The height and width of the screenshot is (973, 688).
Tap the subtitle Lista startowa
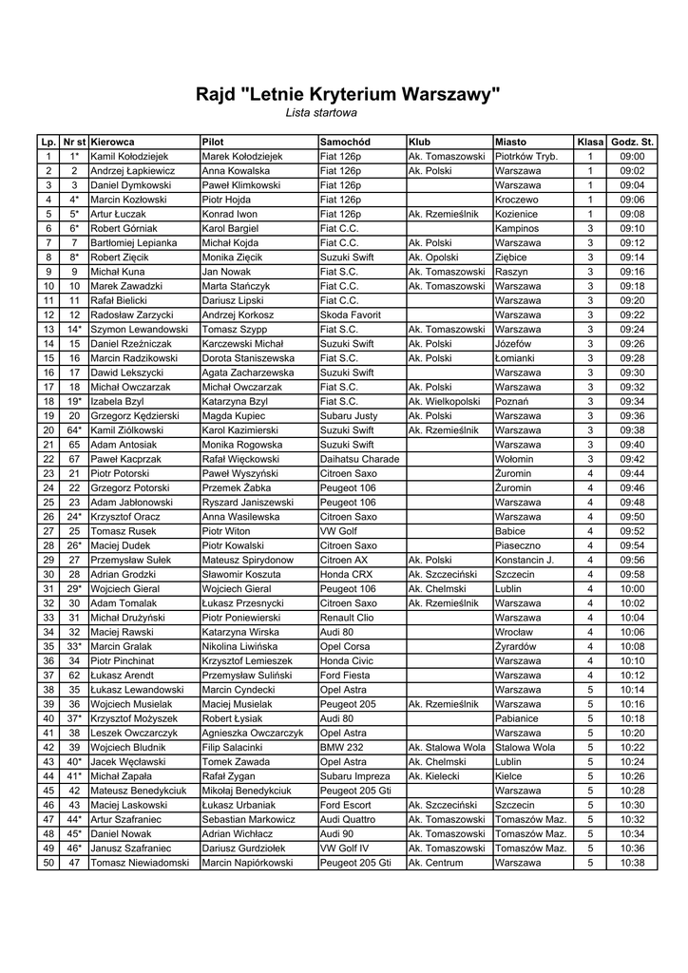tap(321, 113)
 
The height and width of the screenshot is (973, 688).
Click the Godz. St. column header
tap(632, 142)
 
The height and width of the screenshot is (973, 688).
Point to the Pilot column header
tap(213, 142)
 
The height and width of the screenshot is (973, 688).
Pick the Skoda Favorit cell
tap(351, 315)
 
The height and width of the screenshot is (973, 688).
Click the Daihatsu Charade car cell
tap(359, 459)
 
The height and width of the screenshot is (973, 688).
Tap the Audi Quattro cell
tap(349, 819)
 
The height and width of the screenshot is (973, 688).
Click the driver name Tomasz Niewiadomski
tap(139, 863)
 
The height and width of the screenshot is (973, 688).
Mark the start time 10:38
tap(632, 863)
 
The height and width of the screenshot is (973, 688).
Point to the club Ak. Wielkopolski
tap(445, 402)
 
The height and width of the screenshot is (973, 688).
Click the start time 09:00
tap(632, 157)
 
